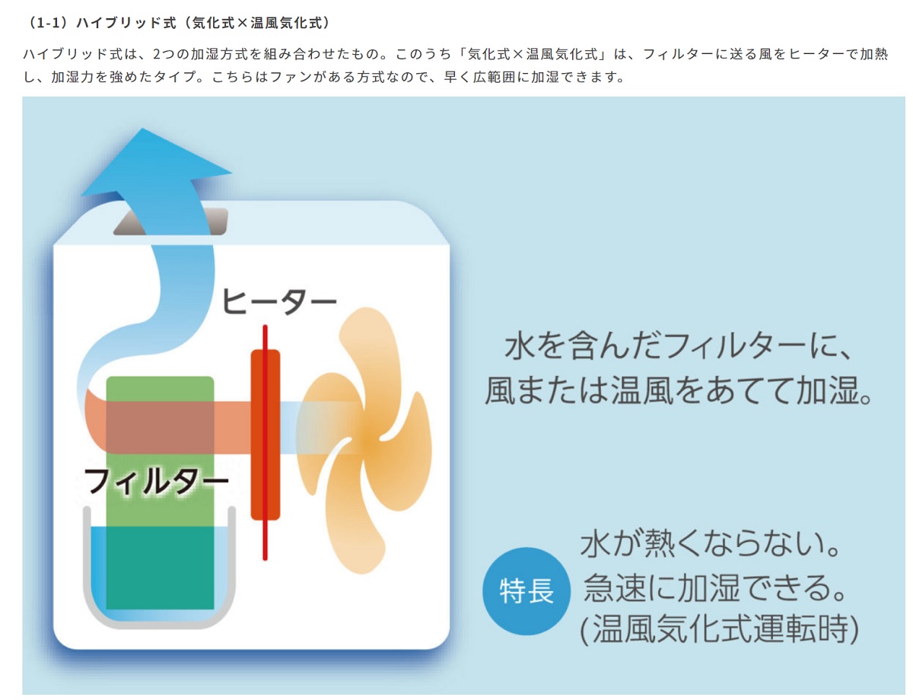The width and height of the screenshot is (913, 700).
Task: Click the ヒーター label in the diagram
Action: click(x=278, y=301)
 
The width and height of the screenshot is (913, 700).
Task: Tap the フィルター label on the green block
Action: click(x=157, y=481)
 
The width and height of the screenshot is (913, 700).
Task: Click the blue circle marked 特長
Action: click(x=526, y=590)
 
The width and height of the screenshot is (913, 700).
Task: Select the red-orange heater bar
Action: click(x=265, y=435)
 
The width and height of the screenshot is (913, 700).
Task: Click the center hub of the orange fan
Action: click(x=371, y=441)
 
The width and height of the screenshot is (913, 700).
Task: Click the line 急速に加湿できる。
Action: click(x=714, y=588)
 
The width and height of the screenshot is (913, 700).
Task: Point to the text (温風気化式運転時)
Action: click(x=719, y=629)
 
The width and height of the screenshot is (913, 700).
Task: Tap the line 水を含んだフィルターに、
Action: click(x=678, y=346)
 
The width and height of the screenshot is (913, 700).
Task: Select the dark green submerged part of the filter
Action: click(x=160, y=568)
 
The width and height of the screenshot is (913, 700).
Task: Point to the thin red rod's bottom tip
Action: click(x=265, y=559)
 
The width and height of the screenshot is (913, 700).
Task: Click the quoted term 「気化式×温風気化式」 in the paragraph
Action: click(x=532, y=54)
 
